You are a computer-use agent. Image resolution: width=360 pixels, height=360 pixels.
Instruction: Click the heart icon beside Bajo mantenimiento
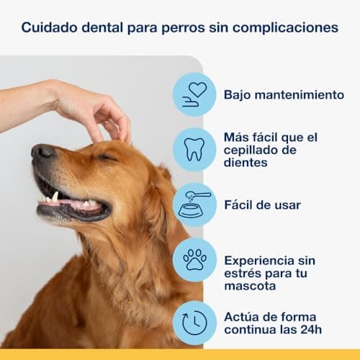point(194,94)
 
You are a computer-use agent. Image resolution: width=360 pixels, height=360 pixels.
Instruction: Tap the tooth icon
point(194,149)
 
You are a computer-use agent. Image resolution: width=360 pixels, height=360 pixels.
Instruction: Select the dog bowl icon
point(194,204)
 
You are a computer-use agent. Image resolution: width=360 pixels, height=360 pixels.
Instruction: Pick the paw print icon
point(194,260)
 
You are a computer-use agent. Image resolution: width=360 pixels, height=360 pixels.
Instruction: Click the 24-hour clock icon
point(194,322)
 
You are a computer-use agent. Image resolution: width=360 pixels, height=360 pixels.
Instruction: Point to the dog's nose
point(42,152)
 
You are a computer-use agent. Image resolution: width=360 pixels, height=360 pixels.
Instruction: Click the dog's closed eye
point(108,157)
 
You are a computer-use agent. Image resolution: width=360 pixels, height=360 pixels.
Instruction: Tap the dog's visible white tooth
point(55,196)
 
